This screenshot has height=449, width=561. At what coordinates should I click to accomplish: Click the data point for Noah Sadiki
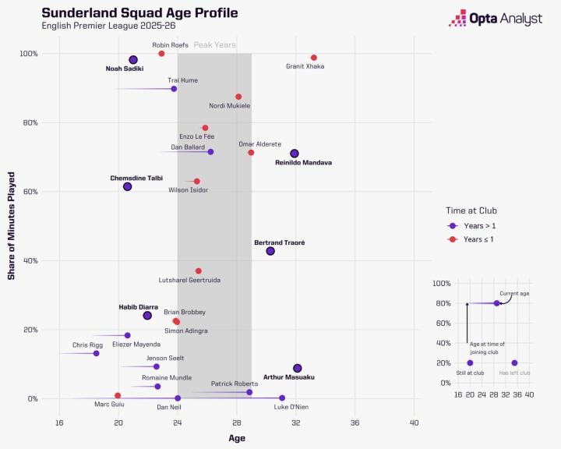coord(133,60)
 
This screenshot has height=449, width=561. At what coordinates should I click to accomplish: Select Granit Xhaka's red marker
coord(314,58)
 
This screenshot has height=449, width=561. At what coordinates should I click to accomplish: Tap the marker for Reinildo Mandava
coord(295,154)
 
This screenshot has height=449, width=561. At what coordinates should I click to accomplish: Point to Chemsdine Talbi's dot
coord(127,186)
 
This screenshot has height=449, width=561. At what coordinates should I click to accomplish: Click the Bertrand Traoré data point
coord(270,251)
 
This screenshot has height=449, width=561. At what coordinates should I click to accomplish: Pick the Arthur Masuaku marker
coord(297,368)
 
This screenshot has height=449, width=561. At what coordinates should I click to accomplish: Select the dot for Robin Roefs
coord(161,54)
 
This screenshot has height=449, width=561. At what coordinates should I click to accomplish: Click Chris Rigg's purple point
coord(96,353)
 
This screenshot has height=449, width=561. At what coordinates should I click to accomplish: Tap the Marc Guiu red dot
coord(118,396)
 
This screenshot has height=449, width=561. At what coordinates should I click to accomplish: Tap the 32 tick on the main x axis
coord(296,423)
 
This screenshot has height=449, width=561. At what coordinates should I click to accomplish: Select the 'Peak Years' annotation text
coord(214,45)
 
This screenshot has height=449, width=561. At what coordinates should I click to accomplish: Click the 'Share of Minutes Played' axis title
coord(12,225)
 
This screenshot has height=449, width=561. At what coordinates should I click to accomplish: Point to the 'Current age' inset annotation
coord(515,294)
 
